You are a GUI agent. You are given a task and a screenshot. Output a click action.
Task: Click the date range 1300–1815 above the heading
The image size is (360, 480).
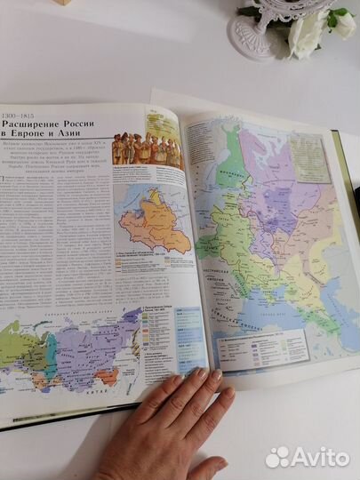[19, 116]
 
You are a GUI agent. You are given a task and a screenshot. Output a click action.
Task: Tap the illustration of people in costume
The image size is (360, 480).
[147, 151]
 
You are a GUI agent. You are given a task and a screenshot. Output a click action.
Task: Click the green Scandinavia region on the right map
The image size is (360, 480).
[233, 160]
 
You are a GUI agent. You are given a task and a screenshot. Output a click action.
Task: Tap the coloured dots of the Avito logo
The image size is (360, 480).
[277, 457]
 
